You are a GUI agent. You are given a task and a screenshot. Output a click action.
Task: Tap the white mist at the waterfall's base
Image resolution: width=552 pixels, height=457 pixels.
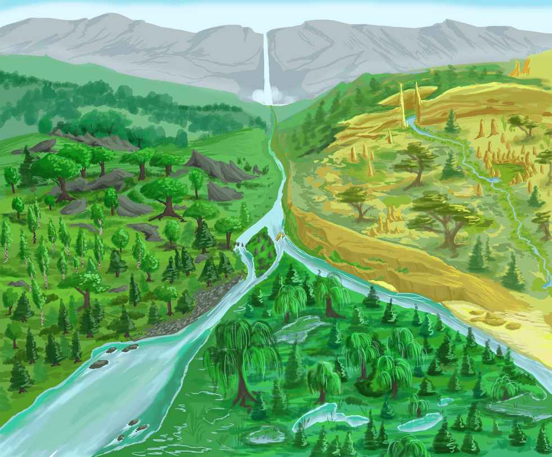coord(265,97)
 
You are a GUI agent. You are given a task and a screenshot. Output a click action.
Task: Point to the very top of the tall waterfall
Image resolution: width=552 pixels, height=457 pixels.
coord(266,34)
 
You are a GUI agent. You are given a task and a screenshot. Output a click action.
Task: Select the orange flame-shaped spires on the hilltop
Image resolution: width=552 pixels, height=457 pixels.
coord(519,69)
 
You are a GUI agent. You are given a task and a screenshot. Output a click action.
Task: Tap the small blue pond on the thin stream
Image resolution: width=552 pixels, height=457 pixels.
coord(493,180)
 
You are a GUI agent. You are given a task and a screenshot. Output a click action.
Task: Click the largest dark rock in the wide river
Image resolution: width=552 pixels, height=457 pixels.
coord(99,364)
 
